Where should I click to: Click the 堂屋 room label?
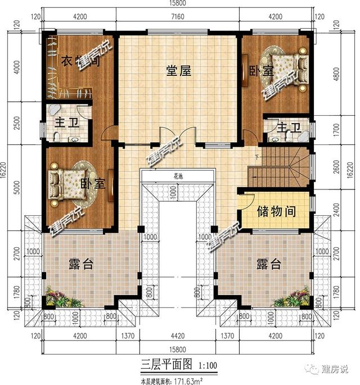[x=178, y=71]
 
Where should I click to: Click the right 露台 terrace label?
[x=268, y=264]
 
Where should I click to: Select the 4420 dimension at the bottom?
[x=177, y=337]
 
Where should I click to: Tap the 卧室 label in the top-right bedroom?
[x=260, y=72]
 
